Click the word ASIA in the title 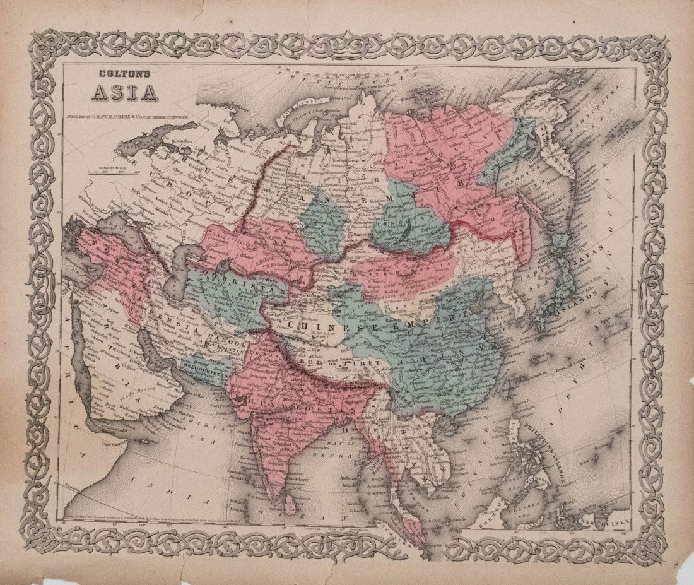coord(125,93)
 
